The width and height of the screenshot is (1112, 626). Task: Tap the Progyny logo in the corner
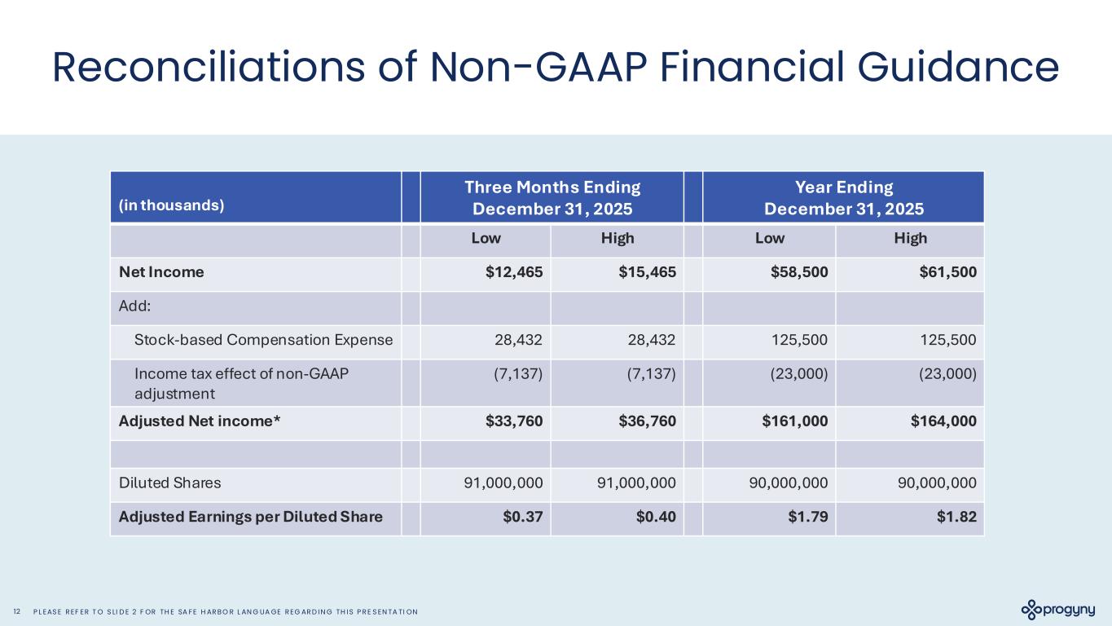pyautogui.click(x=1058, y=610)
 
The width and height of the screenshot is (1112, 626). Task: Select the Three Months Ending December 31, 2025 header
pyautogui.click(x=552, y=197)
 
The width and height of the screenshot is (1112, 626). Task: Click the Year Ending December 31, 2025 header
pyautogui.click(x=843, y=197)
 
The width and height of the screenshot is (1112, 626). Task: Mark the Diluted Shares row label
pyautogui.click(x=169, y=482)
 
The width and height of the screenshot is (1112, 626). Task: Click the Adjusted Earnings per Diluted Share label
pyautogui.click(x=251, y=516)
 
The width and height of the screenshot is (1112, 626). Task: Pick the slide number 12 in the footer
pyautogui.click(x=17, y=611)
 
